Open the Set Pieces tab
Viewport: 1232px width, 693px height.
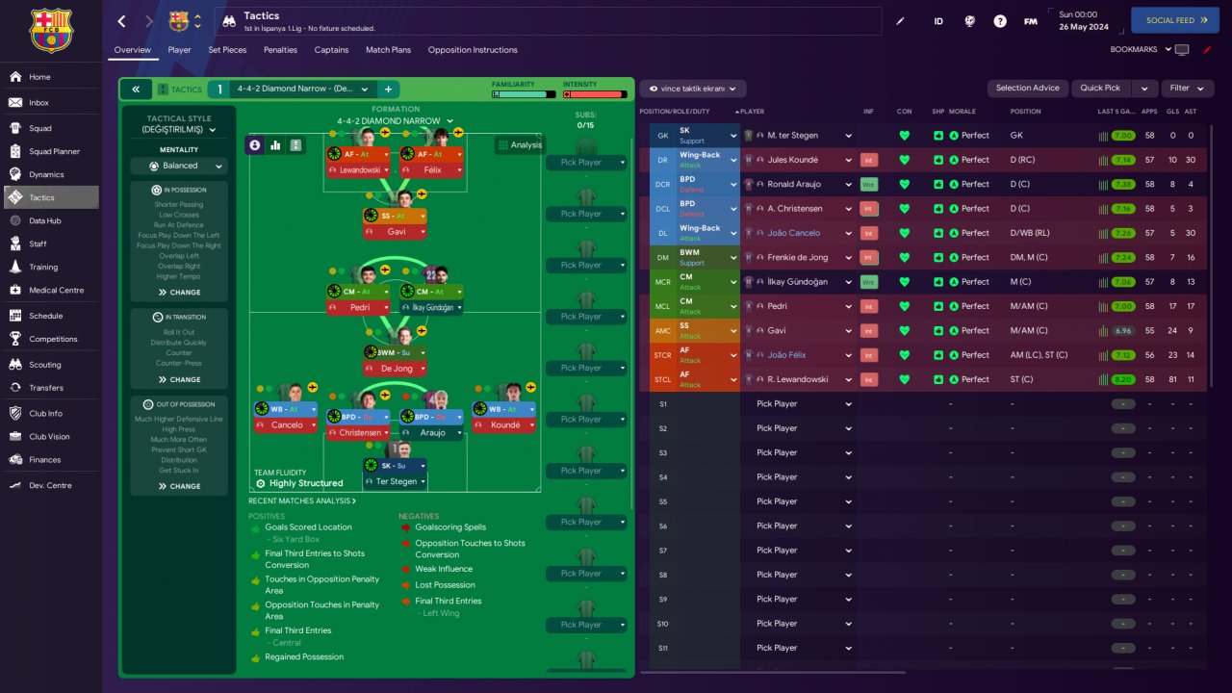(227, 50)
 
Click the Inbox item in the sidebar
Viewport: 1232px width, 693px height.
(38, 103)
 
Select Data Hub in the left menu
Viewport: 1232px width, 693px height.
(44, 220)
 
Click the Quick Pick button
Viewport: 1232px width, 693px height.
(1099, 88)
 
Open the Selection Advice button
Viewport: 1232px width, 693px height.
(1027, 88)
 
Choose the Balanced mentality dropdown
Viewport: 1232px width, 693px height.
(180, 166)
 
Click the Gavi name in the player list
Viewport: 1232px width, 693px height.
(777, 330)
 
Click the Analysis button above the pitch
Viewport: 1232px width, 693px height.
(520, 145)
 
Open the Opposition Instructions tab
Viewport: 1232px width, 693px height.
(473, 50)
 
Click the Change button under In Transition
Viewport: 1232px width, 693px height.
(180, 379)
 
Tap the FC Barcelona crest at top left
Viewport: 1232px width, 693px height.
(51, 31)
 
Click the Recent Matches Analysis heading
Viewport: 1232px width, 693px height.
(301, 500)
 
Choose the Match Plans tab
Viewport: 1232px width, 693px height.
(388, 50)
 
